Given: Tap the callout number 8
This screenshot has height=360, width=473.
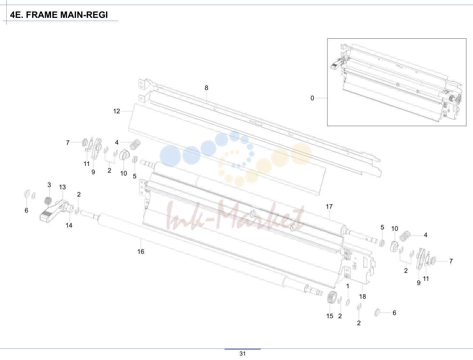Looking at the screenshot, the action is click(x=206, y=88).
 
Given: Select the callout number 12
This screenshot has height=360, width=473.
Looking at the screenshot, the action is click(x=117, y=111).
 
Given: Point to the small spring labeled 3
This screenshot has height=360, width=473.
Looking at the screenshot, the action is click(x=48, y=201).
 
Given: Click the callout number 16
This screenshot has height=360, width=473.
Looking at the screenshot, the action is click(x=141, y=251).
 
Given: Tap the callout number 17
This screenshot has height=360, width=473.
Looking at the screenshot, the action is click(x=329, y=206).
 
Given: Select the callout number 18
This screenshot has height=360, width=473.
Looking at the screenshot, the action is click(x=362, y=296).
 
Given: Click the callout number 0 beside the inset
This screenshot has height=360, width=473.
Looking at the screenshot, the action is click(x=312, y=98).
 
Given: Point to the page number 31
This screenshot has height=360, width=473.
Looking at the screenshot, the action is click(x=242, y=354).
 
